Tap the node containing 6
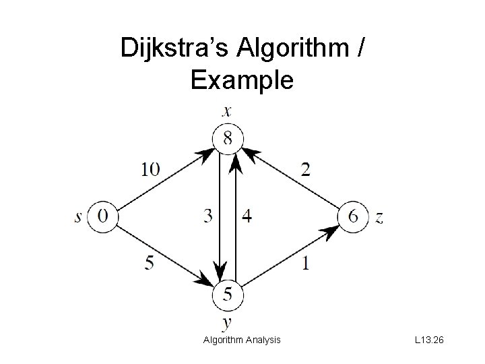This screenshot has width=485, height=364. click(354, 216)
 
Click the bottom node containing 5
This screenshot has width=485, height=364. click(228, 294)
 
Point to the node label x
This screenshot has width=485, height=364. click(228, 112)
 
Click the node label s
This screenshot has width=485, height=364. click(79, 217)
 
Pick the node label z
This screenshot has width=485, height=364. click(379, 217)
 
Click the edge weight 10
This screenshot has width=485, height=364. click(151, 169)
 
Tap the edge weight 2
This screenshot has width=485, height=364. click(306, 169)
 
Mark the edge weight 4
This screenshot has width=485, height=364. click(247, 216)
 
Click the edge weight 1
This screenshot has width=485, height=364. click(306, 263)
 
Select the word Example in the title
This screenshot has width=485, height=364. click(242, 80)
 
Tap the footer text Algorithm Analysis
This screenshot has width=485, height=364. click(242, 340)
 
